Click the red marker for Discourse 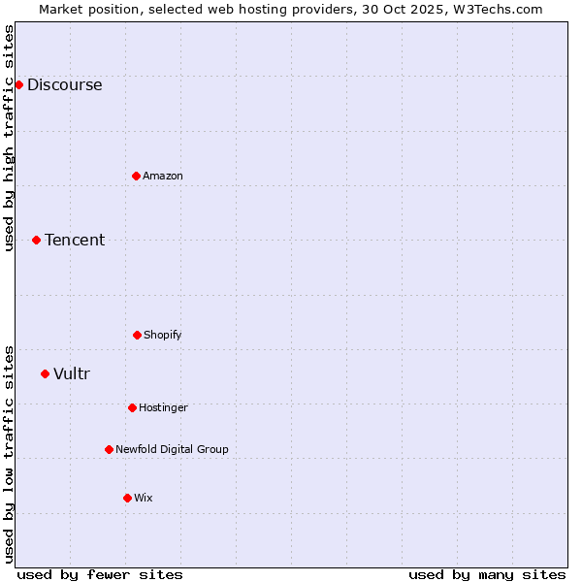point(18,84)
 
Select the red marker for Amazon point(136,176)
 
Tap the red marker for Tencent point(36,240)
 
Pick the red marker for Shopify point(137,335)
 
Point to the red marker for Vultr point(45,373)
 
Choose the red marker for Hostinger point(132,407)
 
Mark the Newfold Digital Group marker point(109,449)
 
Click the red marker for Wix point(127,498)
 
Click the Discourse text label point(64,84)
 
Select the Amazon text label point(162,176)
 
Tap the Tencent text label point(75,240)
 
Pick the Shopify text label point(162,335)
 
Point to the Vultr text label point(71,373)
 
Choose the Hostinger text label point(163,407)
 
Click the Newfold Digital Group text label point(172,449)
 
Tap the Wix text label point(143,498)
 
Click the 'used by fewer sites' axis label point(100,574)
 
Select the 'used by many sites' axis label point(487,574)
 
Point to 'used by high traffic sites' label point(10,138)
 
